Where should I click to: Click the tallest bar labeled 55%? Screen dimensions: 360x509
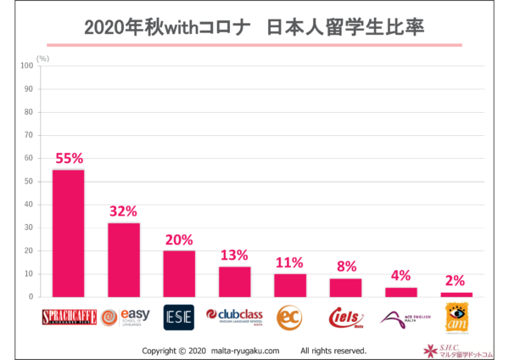click(x=68, y=233)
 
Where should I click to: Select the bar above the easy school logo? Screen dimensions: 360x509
click(x=124, y=260)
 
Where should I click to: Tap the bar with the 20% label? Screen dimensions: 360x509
click(x=179, y=273)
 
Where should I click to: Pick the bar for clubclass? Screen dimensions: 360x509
click(x=234, y=282)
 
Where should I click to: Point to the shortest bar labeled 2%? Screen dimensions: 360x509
click(x=456, y=295)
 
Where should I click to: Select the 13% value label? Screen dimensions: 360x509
click(x=234, y=256)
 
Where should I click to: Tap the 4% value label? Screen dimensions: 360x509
click(x=400, y=276)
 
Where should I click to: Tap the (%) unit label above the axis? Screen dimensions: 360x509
click(x=43, y=58)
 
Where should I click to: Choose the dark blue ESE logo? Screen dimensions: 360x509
click(x=179, y=318)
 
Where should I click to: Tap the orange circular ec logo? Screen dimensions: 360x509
click(x=289, y=318)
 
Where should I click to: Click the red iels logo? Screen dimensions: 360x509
click(x=345, y=318)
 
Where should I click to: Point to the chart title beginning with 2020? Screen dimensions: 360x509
click(x=254, y=27)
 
